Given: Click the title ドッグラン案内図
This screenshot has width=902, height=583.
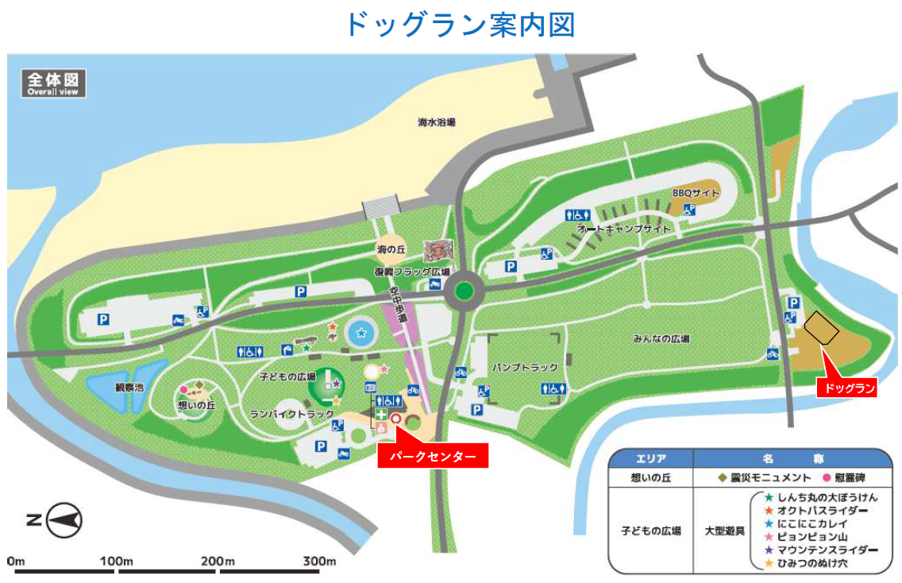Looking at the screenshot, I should [460, 24].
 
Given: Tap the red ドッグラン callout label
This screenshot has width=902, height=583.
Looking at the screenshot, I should [849, 388].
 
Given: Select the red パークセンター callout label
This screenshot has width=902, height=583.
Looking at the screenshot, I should [432, 457].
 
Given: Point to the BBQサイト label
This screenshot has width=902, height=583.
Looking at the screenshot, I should [696, 193].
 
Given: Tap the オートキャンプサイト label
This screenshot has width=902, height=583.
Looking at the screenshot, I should [624, 229].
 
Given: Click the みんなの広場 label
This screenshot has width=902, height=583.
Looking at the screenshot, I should [661, 338].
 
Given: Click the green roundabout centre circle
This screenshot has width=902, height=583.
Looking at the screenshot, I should [464, 291].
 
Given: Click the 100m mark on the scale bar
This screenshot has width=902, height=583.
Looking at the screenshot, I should [117, 562].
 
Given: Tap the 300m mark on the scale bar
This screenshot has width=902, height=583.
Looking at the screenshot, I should [318, 562].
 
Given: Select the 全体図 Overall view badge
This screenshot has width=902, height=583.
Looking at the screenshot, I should [53, 83].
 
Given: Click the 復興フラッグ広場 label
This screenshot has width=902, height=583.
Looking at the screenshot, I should [407, 272].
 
